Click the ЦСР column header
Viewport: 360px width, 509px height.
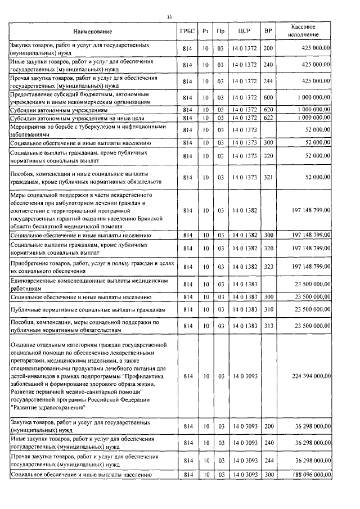click(244, 31)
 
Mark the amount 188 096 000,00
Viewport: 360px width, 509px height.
click(311, 475)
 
